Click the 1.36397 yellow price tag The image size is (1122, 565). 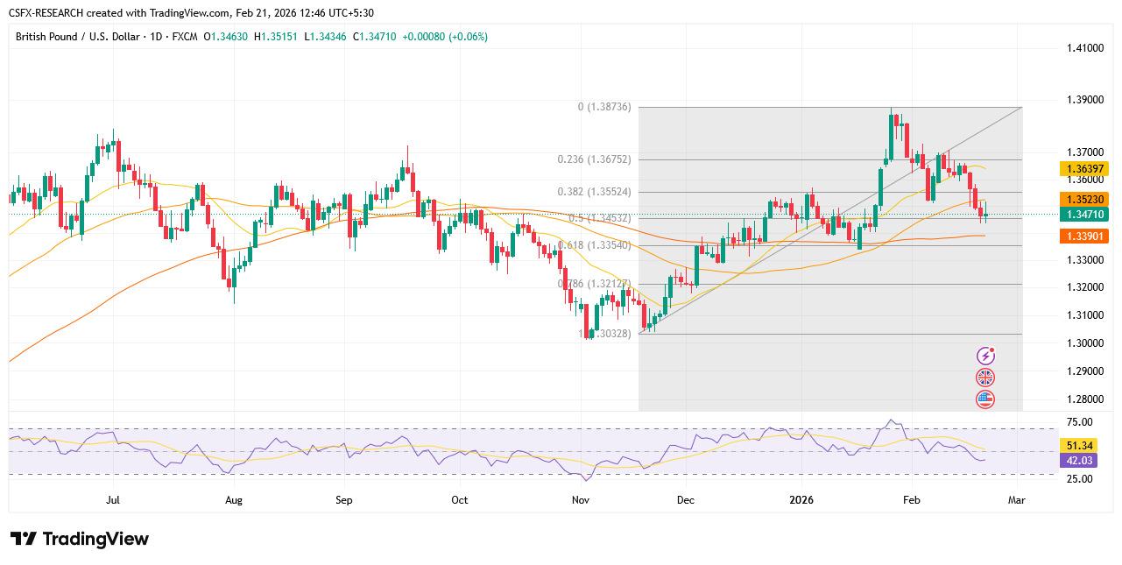point(1083,168)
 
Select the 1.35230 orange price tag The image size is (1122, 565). point(1083,199)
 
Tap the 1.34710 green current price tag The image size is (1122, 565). point(1083,214)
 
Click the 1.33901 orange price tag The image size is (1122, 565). point(1083,236)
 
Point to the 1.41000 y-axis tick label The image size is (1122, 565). point(1083,47)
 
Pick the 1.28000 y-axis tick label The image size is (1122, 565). point(1083,399)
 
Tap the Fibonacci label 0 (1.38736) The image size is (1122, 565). point(604,107)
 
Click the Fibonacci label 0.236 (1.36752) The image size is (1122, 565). point(594,159)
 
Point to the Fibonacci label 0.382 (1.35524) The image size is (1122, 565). point(594,192)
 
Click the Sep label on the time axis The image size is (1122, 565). point(343,500)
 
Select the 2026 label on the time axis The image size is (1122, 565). point(801,500)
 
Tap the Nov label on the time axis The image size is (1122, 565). point(579,500)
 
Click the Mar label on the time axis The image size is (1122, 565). point(1018,500)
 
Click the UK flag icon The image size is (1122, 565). point(985,378)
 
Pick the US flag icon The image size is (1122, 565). point(985,399)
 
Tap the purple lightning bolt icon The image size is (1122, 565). point(985,356)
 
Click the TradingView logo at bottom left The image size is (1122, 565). point(80,539)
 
